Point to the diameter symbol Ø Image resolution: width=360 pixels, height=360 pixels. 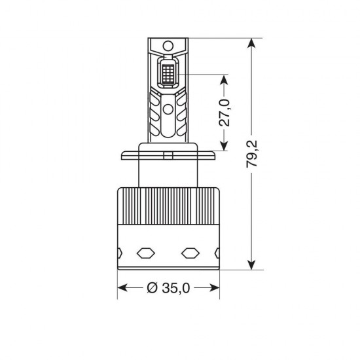tap(151, 288)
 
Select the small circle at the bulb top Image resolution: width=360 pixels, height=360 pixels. tap(168, 46)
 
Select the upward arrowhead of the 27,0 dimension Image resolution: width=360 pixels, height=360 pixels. tap(225, 80)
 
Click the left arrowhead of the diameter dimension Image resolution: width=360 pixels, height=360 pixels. tap(122, 288)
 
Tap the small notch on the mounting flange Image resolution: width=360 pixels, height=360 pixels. tap(168, 154)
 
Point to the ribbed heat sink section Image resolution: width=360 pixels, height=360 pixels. tap(168, 206)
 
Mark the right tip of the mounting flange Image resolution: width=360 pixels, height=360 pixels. tap(216, 155)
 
